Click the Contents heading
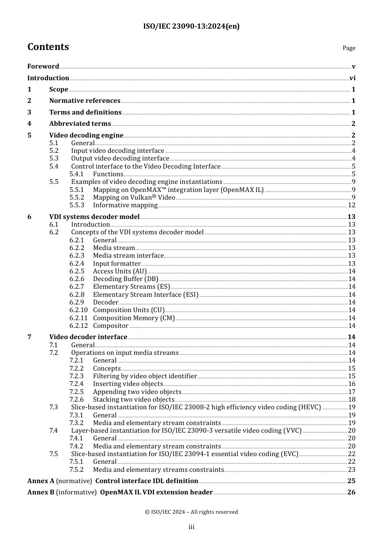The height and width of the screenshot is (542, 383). coord(48,47)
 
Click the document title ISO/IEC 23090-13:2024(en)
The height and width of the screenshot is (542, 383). coord(191,26)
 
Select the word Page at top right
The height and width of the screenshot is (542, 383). coord(349,48)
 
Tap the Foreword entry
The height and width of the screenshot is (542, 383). coord(43,67)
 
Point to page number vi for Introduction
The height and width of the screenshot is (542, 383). coord(352,78)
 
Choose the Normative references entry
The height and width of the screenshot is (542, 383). coord(85,101)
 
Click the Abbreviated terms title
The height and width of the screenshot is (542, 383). coord(80,124)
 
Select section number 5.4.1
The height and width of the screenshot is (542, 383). coord(77,174)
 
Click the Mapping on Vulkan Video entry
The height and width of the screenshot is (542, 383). coord(134,198)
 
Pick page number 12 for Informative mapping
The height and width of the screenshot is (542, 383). coord(352,205)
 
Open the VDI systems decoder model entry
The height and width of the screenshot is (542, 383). coord(94,217)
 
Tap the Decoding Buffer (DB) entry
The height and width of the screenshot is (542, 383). coord(125,279)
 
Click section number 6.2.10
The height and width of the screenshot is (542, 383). coord(78,310)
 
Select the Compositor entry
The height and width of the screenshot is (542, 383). coord(110,326)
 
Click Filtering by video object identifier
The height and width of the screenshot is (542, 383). coord(145,376)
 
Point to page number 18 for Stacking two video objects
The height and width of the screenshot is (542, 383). coord(352,400)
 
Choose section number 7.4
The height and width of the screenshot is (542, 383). coord(54,431)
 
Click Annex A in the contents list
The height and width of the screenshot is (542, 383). coord(41,481)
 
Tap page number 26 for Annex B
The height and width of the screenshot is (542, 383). coord(351,492)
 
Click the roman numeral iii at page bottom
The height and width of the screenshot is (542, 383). coord(191,527)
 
